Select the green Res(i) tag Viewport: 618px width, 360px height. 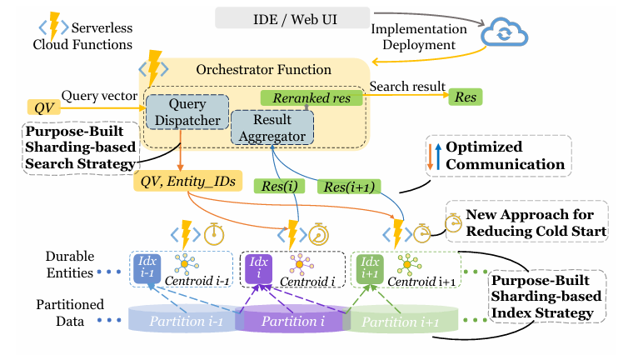click(280, 186)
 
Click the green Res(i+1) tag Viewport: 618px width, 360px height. click(348, 186)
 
